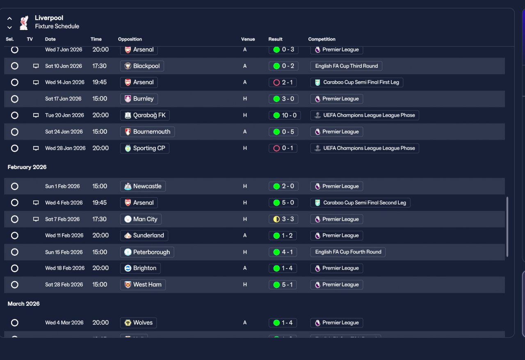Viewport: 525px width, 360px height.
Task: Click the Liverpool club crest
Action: (x=24, y=23)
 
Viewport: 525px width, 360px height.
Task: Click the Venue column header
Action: (x=248, y=39)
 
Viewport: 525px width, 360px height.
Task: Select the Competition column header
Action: (x=322, y=39)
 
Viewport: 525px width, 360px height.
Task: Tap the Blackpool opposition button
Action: (x=142, y=66)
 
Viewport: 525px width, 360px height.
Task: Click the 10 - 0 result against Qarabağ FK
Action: (x=285, y=115)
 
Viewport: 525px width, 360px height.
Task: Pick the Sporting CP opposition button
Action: (x=145, y=148)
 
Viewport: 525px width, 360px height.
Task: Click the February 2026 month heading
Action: (x=27, y=167)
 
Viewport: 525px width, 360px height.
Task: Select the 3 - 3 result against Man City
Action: (x=283, y=219)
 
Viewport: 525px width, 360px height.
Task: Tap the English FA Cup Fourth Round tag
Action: (x=348, y=252)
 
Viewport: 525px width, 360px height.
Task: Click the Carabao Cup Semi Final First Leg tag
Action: (x=357, y=83)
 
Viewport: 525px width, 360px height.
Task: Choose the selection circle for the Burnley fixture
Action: (x=14, y=99)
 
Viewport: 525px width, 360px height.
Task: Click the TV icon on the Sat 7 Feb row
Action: (x=36, y=219)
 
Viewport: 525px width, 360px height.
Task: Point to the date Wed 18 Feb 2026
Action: (x=65, y=268)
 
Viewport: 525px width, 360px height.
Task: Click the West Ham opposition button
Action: (x=143, y=284)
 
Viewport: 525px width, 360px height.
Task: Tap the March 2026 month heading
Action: (x=24, y=304)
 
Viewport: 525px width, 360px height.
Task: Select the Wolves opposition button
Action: (x=139, y=323)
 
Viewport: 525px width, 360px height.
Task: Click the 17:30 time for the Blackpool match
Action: (x=99, y=66)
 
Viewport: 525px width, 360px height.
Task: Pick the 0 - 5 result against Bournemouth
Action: (x=283, y=132)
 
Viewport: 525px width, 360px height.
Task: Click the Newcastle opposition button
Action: (x=143, y=186)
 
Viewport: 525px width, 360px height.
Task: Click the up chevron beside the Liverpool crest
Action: (x=9, y=18)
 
